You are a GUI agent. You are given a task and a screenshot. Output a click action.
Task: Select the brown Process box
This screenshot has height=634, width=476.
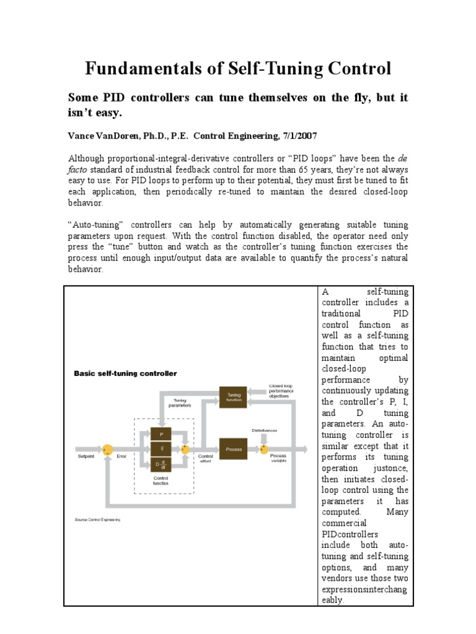point(234,449)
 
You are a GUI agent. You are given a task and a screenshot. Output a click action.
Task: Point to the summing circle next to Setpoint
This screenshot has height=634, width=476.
point(107,449)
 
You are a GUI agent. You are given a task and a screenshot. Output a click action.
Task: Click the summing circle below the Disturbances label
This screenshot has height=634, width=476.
point(264,449)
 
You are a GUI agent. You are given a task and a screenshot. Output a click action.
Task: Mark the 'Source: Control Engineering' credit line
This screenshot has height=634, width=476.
point(97,520)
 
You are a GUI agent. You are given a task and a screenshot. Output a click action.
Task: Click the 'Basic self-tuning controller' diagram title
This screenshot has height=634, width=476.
point(125,373)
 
